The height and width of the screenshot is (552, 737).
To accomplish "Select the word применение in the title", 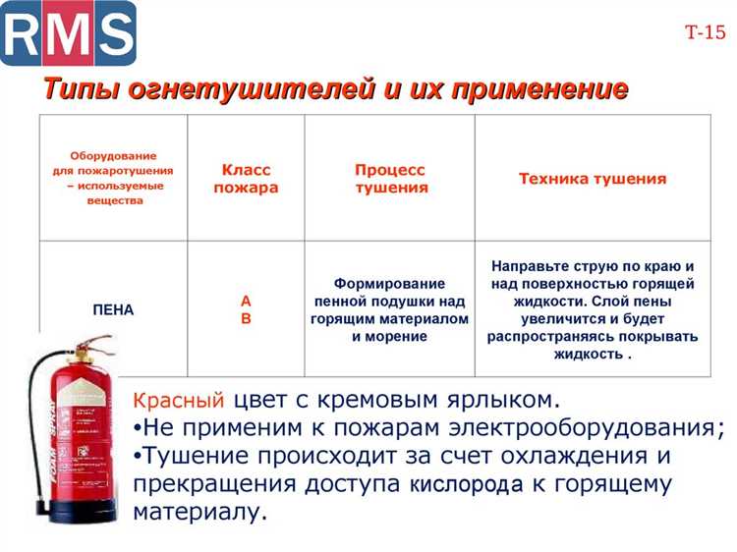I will tap(529, 89).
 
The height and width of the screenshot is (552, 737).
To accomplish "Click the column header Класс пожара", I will tap(246, 179).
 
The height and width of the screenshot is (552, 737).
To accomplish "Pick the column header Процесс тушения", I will tap(390, 179).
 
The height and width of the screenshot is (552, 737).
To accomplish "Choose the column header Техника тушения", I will tap(592, 179).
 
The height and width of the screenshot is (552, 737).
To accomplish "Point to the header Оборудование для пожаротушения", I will tap(113, 178).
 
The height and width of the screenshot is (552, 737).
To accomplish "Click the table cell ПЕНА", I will tap(113, 309).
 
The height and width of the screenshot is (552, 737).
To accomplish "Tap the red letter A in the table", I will tap(246, 300).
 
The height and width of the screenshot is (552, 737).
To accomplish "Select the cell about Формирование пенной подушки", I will tap(389, 309).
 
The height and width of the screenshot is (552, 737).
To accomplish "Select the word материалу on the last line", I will tap(199, 512).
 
